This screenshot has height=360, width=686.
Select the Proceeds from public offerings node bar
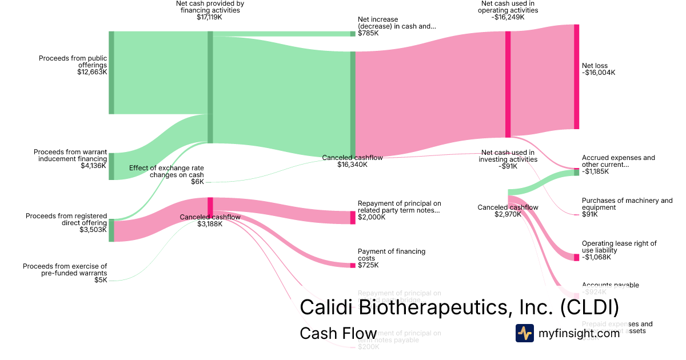click(111, 73)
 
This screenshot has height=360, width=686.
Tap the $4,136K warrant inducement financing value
click(94, 166)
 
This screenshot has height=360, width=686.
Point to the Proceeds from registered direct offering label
click(66, 219)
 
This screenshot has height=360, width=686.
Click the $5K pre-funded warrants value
click(101, 280)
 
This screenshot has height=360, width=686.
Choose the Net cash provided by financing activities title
click(210, 7)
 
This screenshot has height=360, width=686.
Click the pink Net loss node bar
click(576, 77)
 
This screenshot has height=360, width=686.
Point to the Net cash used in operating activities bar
click(508, 84)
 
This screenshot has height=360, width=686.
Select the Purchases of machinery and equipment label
click(627, 204)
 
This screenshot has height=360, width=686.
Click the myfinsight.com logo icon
click(524, 333)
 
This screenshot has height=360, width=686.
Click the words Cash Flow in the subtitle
click(338, 334)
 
